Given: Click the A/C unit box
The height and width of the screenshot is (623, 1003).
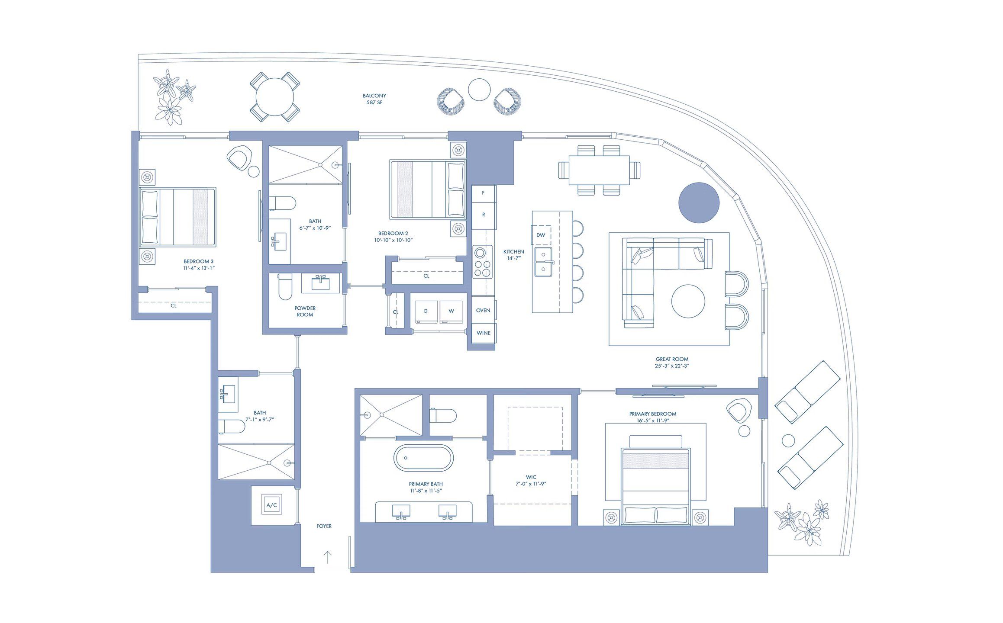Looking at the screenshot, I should point(271,505).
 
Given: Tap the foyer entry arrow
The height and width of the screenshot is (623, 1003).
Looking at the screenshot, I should point(328,557).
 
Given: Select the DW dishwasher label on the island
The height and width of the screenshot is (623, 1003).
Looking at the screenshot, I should point(541,235).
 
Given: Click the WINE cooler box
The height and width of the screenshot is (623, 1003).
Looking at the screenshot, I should point(483,333).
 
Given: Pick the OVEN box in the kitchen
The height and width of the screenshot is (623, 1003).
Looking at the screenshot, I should point(483,311).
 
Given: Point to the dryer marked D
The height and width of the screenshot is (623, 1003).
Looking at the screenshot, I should point(426,311).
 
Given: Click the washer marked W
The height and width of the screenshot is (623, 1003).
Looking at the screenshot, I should point(451,311).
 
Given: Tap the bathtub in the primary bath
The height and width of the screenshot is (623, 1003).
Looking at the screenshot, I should point(423,458).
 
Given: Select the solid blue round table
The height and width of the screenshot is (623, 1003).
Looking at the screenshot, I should point(699,202).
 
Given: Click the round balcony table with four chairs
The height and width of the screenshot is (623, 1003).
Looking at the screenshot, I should point(275,96).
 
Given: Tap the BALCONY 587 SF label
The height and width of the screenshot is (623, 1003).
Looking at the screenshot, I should point(374,99).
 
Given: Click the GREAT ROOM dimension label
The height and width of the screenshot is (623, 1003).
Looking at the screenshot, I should point(671,363).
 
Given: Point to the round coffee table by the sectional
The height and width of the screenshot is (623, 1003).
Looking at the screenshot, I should point(688,301).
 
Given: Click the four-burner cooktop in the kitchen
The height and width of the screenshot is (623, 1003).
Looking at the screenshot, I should point(482,261).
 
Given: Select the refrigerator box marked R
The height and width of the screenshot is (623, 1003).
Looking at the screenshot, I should point(484,215).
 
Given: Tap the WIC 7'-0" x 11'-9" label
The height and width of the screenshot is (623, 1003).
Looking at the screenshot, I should point(531,481).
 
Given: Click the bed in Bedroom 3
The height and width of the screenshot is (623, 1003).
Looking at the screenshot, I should point(177,217).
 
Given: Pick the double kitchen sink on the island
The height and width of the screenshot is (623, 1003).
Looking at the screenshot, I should point(543,262).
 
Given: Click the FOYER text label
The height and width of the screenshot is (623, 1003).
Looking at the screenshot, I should point(324,526).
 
